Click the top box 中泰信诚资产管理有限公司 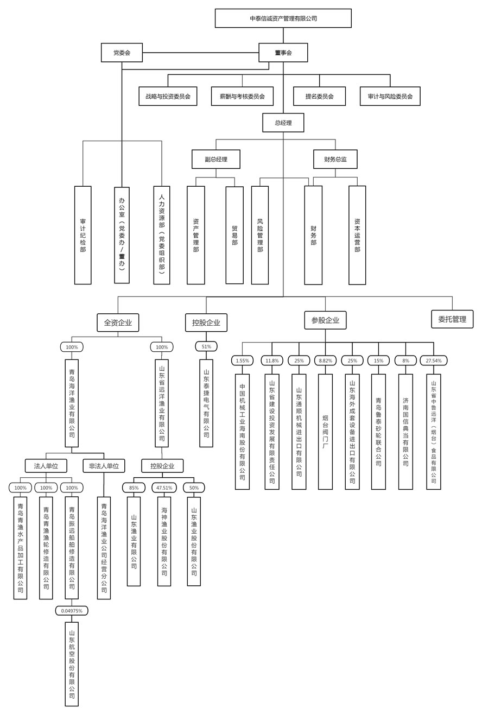coord(283,18)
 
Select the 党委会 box coord(122,53)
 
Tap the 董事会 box coord(283,53)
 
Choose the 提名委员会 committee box coord(319,96)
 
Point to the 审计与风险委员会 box coord(390,96)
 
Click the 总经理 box coord(283,123)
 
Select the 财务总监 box coord(335,159)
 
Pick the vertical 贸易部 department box coord(234,235)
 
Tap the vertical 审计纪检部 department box coord(83,235)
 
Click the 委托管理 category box coord(452,319)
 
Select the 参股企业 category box coord(325,320)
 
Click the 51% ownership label coord(206,346)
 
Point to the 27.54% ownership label coord(434,360)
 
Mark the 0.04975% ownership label coord(72,611)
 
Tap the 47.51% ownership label coord(164,488)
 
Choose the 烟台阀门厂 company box coord(325,432)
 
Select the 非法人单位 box coord(104,466)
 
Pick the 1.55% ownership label coord(242,360)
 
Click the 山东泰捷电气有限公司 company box coord(206,403)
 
